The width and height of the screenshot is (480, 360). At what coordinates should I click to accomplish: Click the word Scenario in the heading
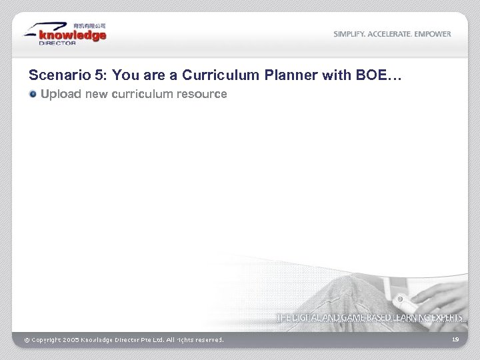coord(53,75)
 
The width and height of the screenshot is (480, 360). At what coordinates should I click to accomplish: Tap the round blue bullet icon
coord(33,95)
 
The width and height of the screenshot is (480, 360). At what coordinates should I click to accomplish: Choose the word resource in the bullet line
coord(204,95)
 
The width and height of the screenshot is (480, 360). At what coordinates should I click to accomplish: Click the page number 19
coord(455,340)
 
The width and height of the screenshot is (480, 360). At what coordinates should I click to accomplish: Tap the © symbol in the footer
coord(27,341)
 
